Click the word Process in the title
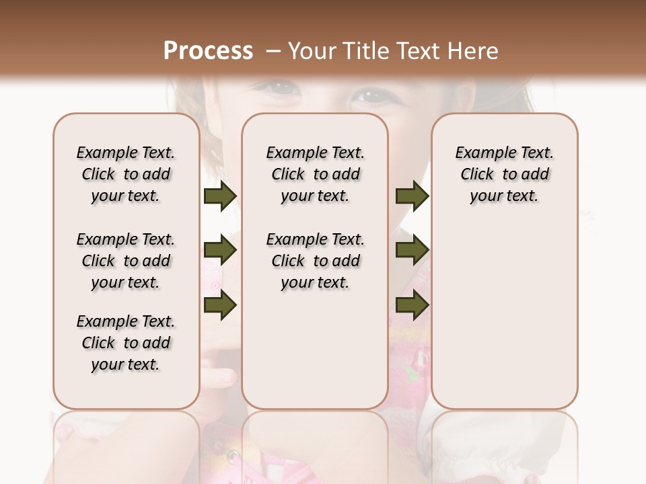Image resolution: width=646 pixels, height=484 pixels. pos(208,50)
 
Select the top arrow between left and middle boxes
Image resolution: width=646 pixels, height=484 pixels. pos(220,196)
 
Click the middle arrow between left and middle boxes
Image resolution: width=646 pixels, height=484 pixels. pos(220,251)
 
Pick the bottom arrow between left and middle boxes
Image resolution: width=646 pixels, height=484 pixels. pos(220,305)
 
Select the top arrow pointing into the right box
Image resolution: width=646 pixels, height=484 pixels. pos(412,196)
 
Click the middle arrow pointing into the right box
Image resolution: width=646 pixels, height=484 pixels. pos(412,251)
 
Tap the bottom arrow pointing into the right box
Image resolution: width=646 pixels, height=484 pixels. pos(412,305)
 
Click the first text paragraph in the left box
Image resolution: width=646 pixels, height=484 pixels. pos(126,174)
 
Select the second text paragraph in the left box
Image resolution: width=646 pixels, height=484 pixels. pos(126,261)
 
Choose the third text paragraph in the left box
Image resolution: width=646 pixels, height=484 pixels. pos(126,343)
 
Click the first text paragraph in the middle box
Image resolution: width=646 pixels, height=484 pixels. pos(315,174)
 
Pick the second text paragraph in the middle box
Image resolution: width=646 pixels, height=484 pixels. pos(315,261)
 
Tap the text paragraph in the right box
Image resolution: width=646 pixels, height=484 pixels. pos(504,174)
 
